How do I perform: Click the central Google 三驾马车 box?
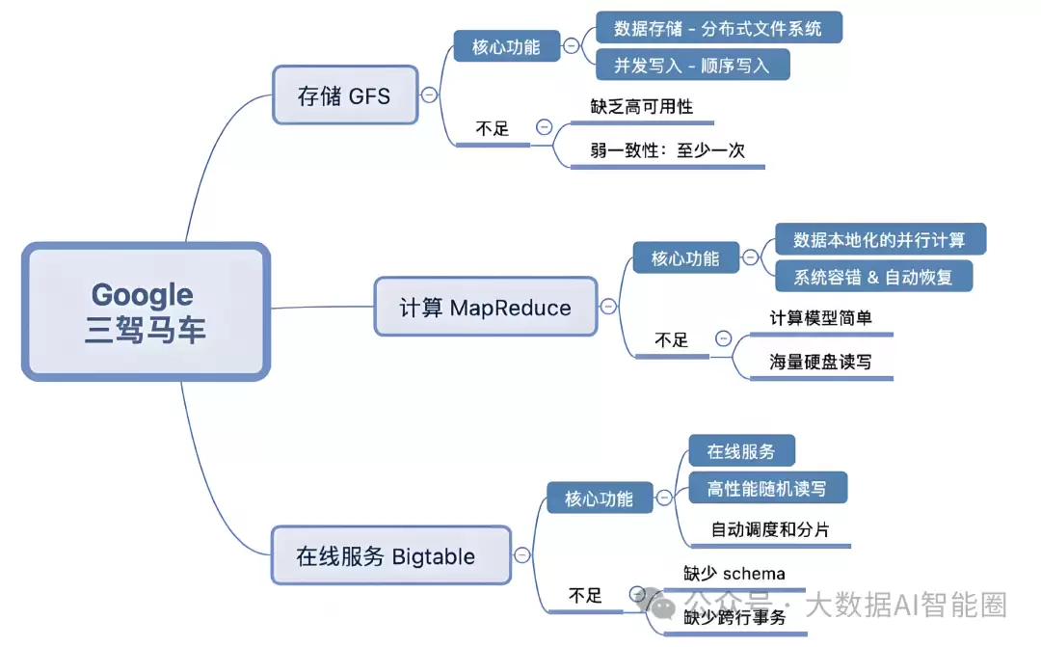coord(146,310)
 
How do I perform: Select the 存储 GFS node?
coord(345,94)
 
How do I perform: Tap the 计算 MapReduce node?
coord(485,308)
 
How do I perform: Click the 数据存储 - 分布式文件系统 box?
coord(718,28)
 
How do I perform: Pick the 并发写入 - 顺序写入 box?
coord(692,65)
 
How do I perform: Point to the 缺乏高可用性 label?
coord(642,106)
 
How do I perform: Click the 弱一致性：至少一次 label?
coord(667,149)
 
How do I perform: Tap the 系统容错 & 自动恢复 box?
coord(873,276)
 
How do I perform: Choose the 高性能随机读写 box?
coord(767,488)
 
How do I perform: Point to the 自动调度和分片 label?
coord(769,529)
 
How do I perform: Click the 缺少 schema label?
coord(734,574)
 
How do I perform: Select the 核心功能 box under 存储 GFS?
coord(506,45)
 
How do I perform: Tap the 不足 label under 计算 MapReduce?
coord(672,339)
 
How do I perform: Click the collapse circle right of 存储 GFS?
coord(429,94)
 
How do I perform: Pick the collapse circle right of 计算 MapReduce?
coord(608,308)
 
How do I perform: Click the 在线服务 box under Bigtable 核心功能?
coord(740,451)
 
